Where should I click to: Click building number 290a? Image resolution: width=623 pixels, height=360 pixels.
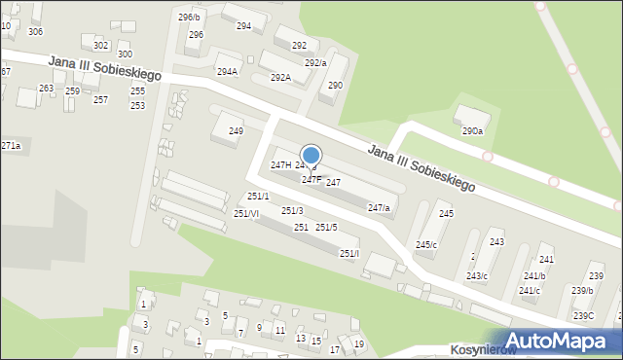click(x=472, y=130)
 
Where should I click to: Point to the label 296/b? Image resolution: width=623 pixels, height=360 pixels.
click(x=189, y=18)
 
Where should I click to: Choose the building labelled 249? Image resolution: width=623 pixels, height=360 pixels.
click(x=236, y=130)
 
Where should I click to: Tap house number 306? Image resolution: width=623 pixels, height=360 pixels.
click(x=35, y=31)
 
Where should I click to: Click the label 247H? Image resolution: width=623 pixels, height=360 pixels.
click(x=280, y=165)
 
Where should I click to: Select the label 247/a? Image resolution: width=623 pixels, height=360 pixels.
click(x=379, y=207)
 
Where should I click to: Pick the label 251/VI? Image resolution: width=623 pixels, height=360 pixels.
click(x=246, y=213)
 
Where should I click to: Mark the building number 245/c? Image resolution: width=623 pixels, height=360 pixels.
click(x=426, y=244)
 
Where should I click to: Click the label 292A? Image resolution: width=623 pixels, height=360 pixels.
click(x=280, y=77)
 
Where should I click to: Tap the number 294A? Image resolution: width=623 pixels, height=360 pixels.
click(x=227, y=71)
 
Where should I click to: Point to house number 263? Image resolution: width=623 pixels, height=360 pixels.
click(x=46, y=88)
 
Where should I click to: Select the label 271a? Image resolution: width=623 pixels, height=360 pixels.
click(x=11, y=145)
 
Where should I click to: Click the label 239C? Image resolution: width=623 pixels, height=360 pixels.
click(x=583, y=315)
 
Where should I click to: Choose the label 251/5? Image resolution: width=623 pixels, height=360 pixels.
click(x=326, y=227)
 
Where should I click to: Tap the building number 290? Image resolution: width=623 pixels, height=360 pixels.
click(x=335, y=86)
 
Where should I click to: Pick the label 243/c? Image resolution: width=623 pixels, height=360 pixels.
click(x=476, y=275)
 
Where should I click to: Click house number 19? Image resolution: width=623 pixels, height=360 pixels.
click(x=358, y=343)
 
